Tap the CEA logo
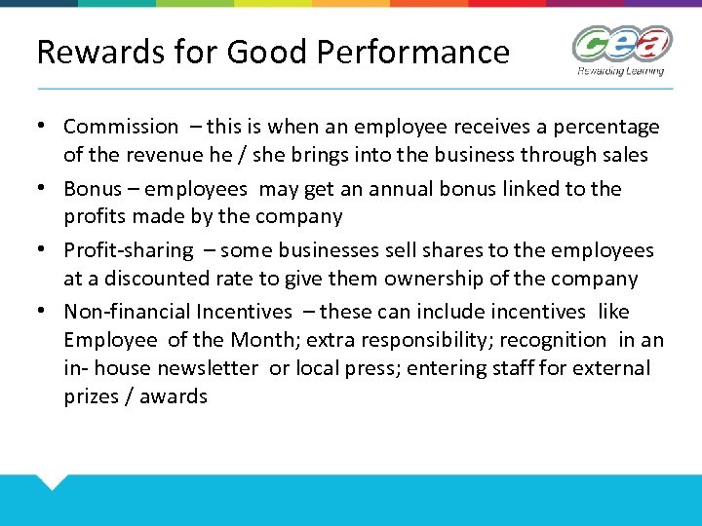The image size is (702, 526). click(622, 45)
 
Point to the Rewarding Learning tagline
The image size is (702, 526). click(621, 71)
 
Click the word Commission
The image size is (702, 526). click(121, 127)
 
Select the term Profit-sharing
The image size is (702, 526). click(129, 250)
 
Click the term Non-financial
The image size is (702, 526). click(126, 312)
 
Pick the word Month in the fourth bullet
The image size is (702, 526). click(261, 340)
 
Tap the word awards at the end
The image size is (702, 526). click(174, 396)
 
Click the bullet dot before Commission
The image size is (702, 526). click(46, 127)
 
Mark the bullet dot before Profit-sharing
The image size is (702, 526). click(46, 250)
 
